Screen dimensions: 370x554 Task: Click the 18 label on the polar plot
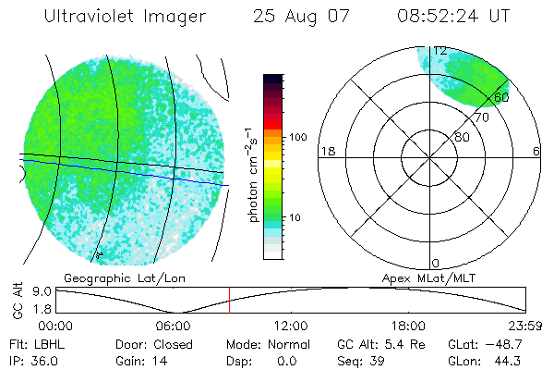tap(326, 152)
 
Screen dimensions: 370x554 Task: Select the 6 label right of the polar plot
tap(536, 152)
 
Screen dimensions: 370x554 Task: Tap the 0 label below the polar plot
tap(436, 264)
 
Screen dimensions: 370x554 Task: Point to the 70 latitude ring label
tap(482, 117)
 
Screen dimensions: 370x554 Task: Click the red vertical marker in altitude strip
tap(229, 300)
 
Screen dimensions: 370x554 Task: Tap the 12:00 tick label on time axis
tap(291, 326)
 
